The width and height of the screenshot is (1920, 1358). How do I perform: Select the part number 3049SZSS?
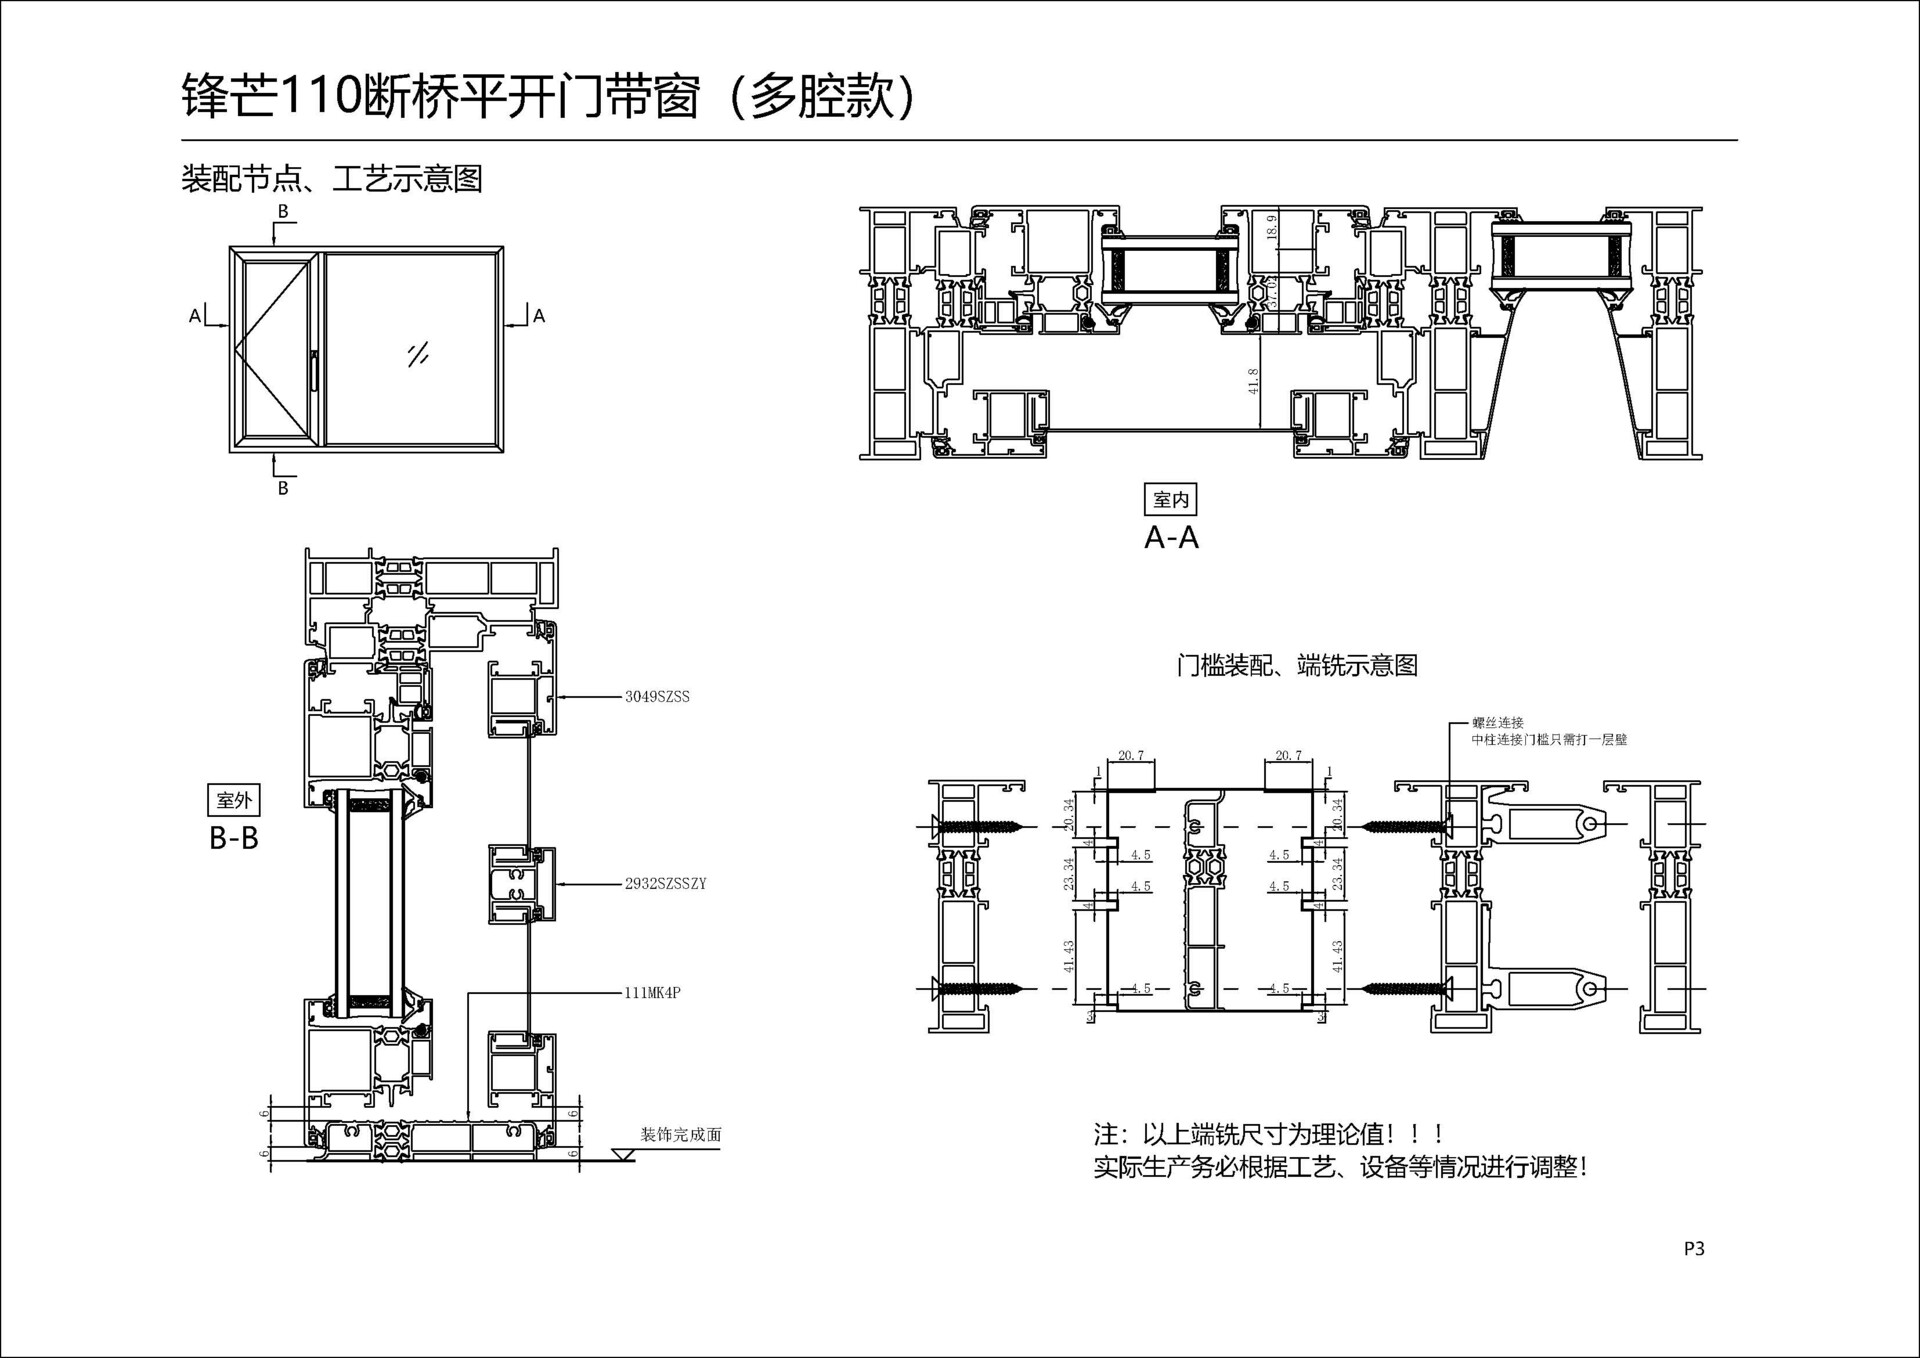[657, 697]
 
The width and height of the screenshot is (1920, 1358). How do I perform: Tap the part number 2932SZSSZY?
[665, 884]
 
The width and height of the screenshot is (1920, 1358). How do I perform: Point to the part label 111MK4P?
[652, 993]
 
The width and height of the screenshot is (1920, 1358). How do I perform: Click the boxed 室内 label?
[1170, 499]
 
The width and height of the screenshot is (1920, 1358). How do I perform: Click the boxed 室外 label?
[234, 800]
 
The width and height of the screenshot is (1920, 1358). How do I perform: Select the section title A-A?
[1171, 538]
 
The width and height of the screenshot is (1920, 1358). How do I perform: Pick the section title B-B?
[234, 838]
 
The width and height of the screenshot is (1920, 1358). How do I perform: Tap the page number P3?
[1694, 1248]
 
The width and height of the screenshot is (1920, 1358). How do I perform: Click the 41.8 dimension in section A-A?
[1254, 381]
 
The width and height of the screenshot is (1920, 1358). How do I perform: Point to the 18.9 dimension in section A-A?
[1272, 227]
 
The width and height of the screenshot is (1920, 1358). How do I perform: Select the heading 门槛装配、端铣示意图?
[1297, 665]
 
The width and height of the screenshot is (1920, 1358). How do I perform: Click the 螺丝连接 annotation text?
[1497, 723]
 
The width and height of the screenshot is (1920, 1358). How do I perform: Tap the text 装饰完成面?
[680, 1135]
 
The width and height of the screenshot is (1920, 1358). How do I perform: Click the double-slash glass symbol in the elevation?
[418, 354]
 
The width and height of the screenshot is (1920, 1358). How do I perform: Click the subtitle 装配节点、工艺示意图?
[332, 179]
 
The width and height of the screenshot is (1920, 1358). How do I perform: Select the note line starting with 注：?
[1268, 1134]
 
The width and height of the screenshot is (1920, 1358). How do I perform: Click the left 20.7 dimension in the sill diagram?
[1131, 756]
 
